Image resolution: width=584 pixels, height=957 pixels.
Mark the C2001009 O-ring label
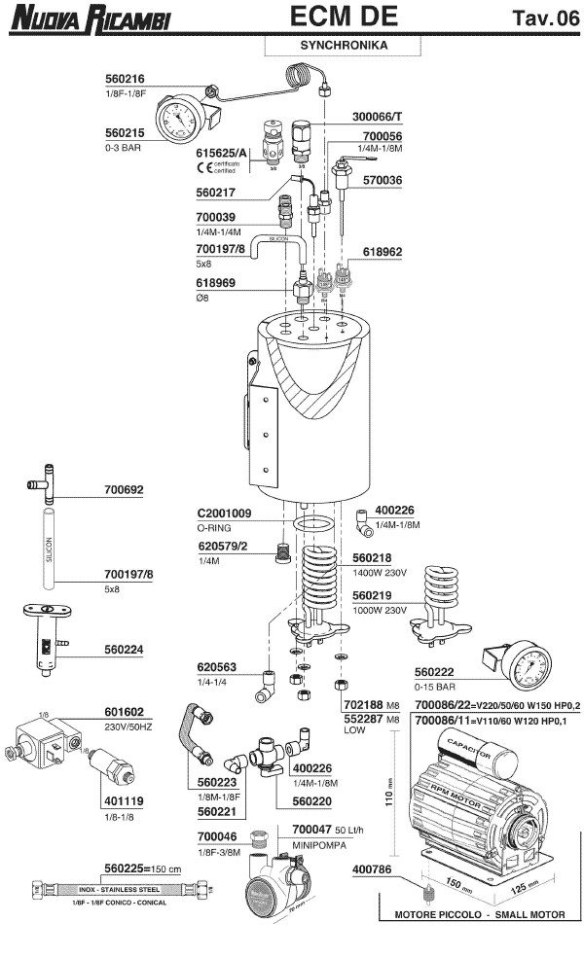225,514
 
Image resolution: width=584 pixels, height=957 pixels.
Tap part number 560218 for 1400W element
374,560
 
